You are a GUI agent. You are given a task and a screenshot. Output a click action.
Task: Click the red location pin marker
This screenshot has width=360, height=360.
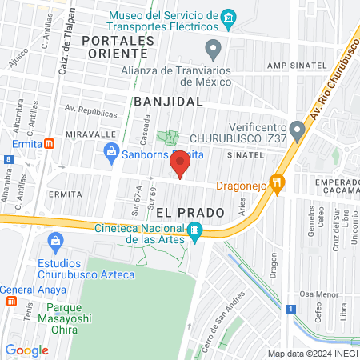(181, 164)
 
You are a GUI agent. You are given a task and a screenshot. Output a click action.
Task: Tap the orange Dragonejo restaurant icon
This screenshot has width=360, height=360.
(277, 183)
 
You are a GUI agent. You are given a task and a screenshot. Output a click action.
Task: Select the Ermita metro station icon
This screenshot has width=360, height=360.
(50, 144)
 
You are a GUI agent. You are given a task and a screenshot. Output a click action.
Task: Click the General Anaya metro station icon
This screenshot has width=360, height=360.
(11, 302)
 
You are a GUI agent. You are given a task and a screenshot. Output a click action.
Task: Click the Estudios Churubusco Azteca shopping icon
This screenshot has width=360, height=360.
(56, 240)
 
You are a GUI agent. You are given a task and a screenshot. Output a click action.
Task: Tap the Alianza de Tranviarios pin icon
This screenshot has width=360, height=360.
(213, 50)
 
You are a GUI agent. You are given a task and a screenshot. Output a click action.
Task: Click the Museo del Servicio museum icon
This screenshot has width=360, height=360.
(230, 17)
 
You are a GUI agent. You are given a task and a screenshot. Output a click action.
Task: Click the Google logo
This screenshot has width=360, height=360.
(26, 350)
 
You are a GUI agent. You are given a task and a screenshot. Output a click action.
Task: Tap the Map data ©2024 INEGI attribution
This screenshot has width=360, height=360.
(313, 354)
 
